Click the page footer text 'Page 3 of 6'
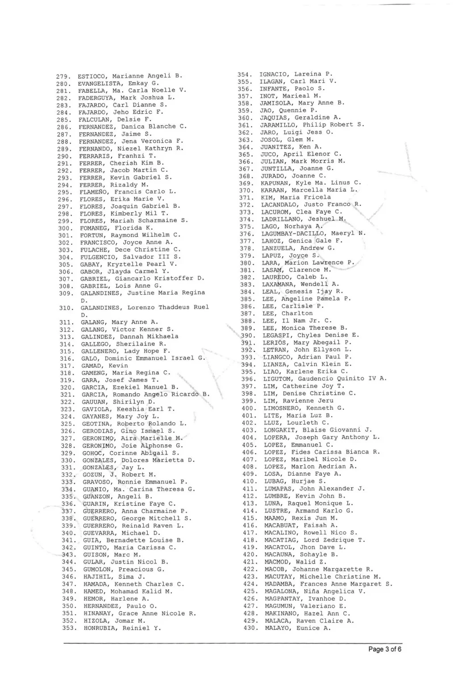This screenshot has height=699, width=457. [x=385, y=649]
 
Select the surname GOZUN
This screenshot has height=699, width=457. [x=92, y=474]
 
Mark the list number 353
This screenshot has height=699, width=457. [x=69, y=628]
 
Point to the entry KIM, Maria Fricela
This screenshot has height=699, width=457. [x=296, y=197]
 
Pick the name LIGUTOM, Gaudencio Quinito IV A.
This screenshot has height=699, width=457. [x=324, y=379]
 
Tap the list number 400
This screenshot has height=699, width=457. [x=249, y=408]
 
